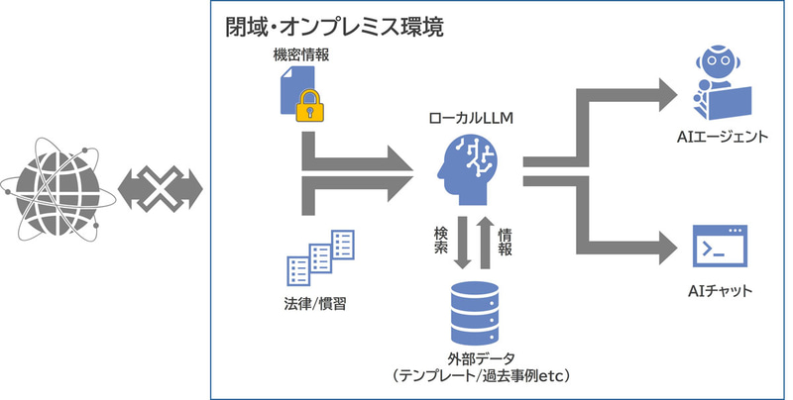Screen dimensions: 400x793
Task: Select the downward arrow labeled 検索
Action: coord(462,244)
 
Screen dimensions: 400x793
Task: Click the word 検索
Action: coord(440,243)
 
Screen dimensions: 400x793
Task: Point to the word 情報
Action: coord(506,243)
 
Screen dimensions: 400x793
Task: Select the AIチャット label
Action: coord(720,292)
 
